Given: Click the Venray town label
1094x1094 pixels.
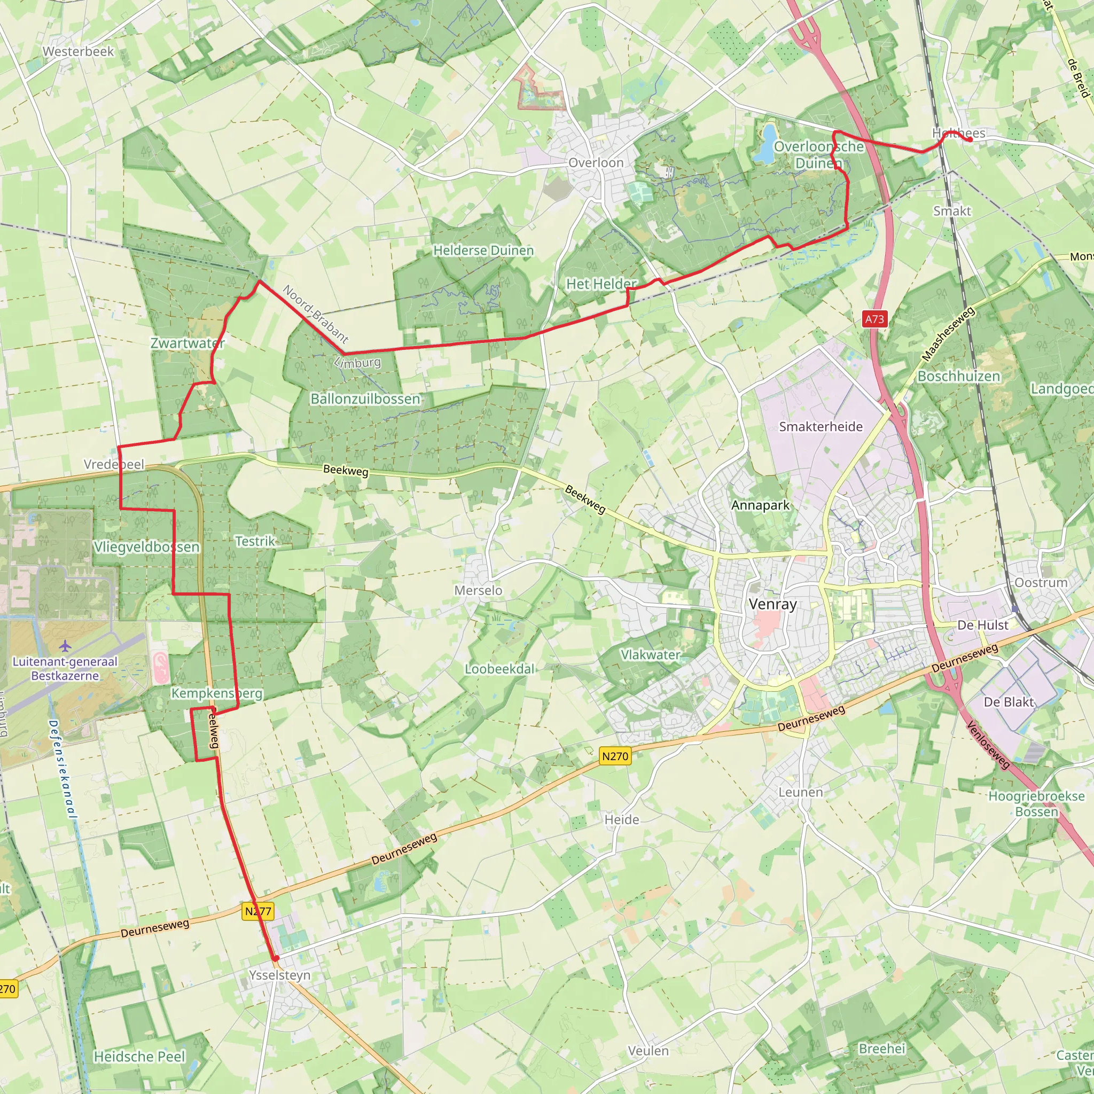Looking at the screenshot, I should click(772, 604).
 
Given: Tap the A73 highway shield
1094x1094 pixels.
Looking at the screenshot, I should click(874, 319).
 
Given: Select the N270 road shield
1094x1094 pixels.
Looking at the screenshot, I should click(615, 756).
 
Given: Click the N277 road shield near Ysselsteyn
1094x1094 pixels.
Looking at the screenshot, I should click(258, 911).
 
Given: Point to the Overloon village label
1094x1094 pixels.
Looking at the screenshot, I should click(596, 163).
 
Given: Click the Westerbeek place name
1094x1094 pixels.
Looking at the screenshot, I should click(78, 51).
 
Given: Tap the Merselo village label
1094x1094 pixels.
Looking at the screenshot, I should click(478, 591).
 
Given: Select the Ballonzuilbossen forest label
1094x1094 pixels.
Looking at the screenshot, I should click(365, 398).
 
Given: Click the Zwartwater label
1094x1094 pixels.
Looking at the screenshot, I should click(187, 343).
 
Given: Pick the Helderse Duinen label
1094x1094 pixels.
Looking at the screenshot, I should click(483, 251).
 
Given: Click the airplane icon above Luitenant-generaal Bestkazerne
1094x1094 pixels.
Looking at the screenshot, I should click(65, 645).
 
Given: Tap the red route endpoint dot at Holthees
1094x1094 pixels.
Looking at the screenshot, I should click(970, 139).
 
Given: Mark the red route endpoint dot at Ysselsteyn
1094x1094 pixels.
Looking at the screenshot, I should click(276, 958).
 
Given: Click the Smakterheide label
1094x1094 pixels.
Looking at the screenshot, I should click(820, 426).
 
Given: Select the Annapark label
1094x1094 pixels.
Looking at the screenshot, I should click(760, 505).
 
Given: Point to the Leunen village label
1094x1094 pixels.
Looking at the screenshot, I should click(800, 792).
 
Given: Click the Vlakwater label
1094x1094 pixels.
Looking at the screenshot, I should click(650, 654).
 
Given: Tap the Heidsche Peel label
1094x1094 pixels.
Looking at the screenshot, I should click(139, 1057).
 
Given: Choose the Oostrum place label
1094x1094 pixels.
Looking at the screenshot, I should click(1041, 583).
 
